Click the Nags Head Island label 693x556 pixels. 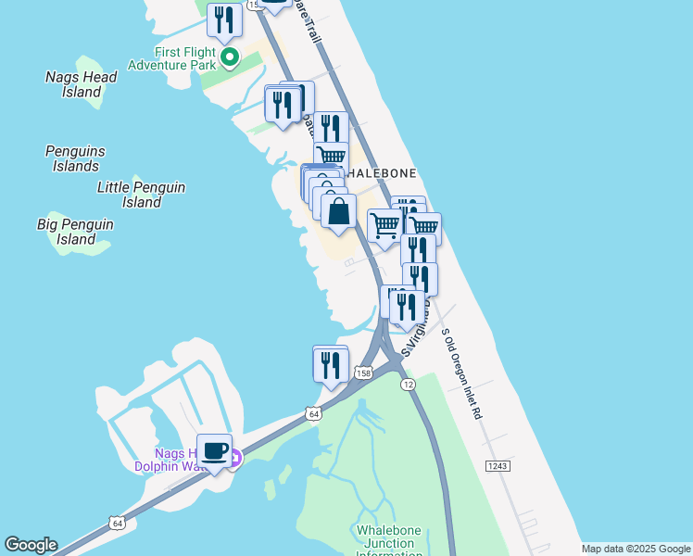(x=82, y=84)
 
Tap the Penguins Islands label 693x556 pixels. (x=75, y=158)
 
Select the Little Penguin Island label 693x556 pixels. (x=142, y=195)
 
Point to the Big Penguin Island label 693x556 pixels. (x=76, y=232)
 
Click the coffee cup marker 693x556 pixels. (x=214, y=451)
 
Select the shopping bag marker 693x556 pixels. (x=339, y=210)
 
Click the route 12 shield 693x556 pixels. (x=408, y=383)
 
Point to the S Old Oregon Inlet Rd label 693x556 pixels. (x=461, y=374)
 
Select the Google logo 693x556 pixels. (x=31, y=545)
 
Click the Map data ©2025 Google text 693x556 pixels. (x=636, y=549)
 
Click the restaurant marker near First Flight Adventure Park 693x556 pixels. (x=224, y=19)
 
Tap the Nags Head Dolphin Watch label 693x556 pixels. (x=176, y=460)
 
